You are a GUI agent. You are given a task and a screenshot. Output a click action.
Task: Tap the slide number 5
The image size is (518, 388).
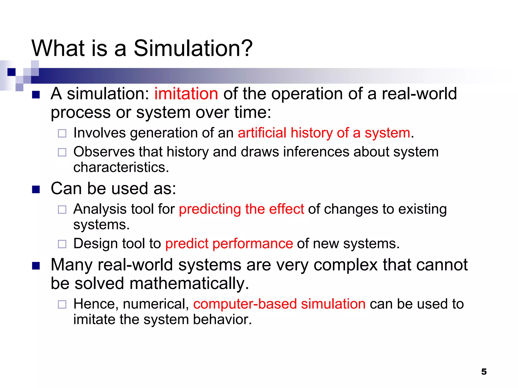[484, 372]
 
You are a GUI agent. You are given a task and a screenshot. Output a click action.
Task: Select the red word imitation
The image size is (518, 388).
[186, 94]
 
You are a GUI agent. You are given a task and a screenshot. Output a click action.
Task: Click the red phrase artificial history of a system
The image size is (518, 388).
[324, 133]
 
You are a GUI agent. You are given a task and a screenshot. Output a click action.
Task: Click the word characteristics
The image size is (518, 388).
[121, 167]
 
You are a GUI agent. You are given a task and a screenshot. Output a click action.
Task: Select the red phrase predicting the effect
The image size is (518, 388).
[241, 209]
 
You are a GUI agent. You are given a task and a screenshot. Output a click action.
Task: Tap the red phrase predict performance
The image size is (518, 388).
[229, 244]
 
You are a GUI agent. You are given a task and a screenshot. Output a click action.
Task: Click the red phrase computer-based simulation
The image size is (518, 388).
[279, 304]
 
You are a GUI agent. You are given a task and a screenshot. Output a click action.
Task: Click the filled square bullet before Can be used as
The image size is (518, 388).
[36, 189]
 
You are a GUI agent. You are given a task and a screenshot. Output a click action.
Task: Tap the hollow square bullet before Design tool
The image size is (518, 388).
[62, 244]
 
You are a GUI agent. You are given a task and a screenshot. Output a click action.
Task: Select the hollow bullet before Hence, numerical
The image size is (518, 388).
[62, 304]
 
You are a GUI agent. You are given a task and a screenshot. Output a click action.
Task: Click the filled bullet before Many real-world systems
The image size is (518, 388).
[36, 266]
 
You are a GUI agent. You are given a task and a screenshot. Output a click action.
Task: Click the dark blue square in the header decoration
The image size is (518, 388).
[11, 72]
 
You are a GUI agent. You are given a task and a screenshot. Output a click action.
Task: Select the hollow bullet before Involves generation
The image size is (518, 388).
[62, 133]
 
